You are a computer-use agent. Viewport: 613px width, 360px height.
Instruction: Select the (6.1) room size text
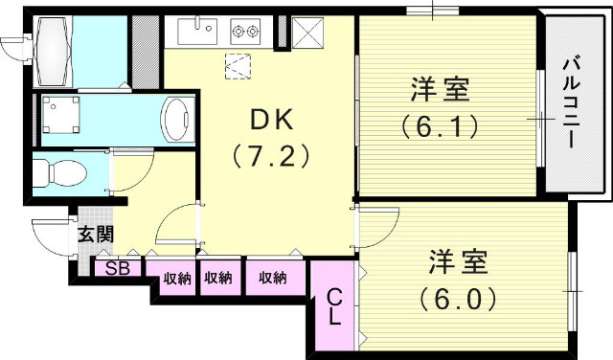tap(440, 125)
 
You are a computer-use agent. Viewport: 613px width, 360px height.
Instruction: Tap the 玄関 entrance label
tap(95, 234)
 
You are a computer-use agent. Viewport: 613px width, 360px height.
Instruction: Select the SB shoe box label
tap(118, 268)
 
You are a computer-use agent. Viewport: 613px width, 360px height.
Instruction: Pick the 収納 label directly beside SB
tap(176, 279)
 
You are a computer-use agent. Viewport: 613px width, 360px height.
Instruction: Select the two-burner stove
tap(245, 32)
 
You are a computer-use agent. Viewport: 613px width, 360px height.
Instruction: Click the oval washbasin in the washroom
tap(176, 119)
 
